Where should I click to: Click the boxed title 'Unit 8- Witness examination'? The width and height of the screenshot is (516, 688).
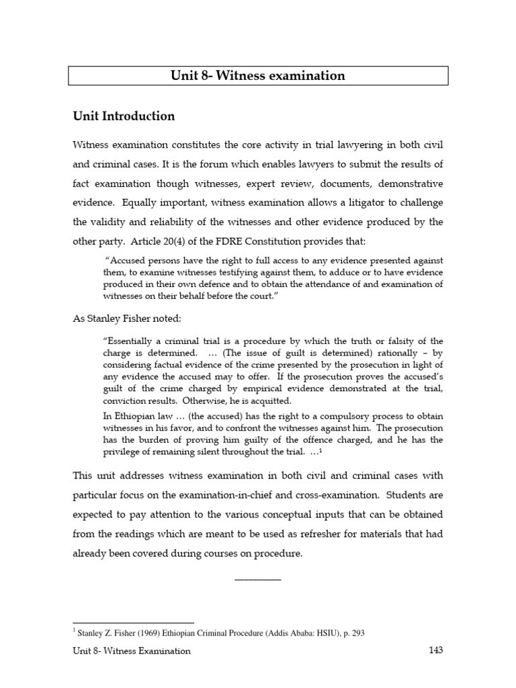[x=258, y=76]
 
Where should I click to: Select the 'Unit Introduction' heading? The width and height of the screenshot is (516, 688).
[x=124, y=116]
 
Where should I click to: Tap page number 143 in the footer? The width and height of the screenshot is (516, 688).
[x=435, y=650]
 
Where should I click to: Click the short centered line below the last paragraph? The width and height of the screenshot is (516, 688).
[x=258, y=578]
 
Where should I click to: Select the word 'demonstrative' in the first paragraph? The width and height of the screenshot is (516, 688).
[x=411, y=183]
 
